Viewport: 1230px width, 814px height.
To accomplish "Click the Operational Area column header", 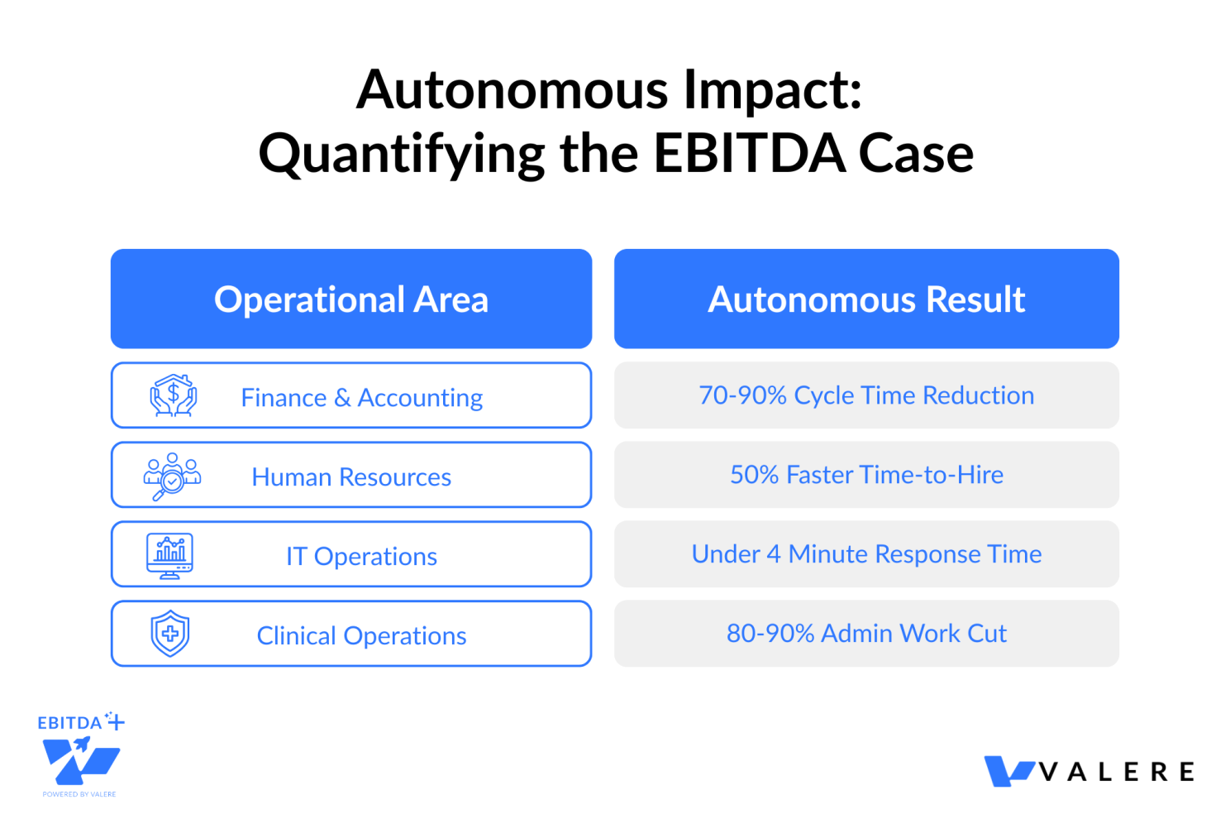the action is pyautogui.click(x=350, y=299).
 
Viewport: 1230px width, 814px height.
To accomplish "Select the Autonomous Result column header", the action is pyautogui.click(x=866, y=299).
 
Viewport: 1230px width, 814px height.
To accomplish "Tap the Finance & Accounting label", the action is pyautogui.click(x=362, y=397).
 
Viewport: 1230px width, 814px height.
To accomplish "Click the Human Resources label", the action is pyautogui.click(x=351, y=476).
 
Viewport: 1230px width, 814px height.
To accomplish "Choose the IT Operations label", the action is pyautogui.click(x=362, y=556).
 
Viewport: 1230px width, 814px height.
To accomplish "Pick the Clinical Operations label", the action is pyautogui.click(x=361, y=636).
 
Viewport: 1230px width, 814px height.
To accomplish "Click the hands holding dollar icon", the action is pyautogui.click(x=174, y=395).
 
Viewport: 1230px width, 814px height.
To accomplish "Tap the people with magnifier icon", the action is pyautogui.click(x=173, y=476).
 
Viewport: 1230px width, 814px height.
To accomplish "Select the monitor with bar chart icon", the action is pyautogui.click(x=169, y=556).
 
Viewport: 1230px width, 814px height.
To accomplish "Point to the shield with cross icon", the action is pyautogui.click(x=170, y=633).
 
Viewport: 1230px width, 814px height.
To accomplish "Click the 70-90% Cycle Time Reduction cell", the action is pyautogui.click(x=866, y=395).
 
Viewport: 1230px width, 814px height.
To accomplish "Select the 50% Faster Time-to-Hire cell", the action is pyautogui.click(x=866, y=474).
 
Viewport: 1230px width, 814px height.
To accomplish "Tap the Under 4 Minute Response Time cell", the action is pyautogui.click(x=866, y=554).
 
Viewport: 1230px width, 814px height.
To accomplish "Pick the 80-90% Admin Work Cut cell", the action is pyautogui.click(x=866, y=633).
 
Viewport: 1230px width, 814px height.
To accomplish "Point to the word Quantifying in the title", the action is pyautogui.click(x=402, y=156).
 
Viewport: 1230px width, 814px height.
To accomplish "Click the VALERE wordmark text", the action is pyautogui.click(x=1117, y=772).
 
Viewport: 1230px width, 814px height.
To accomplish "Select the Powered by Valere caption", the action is pyautogui.click(x=79, y=794).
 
